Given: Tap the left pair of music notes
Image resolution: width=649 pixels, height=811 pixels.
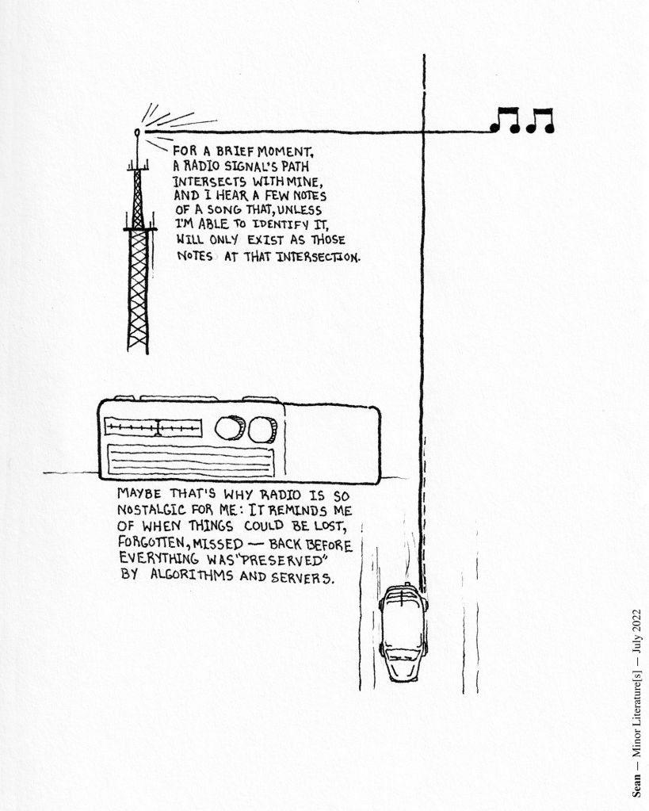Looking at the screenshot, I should pos(506,120).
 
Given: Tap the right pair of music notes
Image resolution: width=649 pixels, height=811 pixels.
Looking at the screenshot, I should pos(540,120).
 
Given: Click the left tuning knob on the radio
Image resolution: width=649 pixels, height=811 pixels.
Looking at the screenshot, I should pos(230,428).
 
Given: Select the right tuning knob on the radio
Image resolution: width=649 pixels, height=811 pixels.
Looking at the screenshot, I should pos(262,429).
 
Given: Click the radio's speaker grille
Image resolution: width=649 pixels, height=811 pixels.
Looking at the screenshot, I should pos(190,461).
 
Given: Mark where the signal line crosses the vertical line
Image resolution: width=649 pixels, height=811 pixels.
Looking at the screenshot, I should pos(423,132).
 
